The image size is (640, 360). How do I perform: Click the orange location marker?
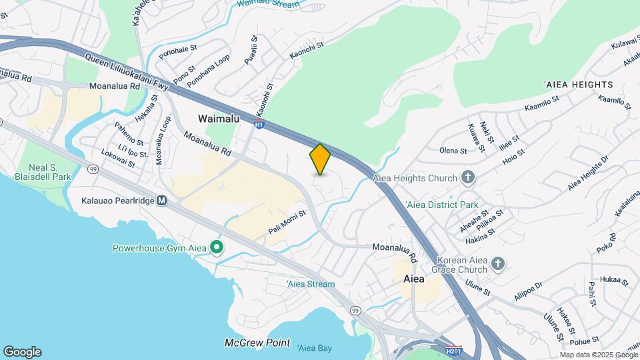coord(320,159)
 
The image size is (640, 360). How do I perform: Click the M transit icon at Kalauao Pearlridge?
coord(162,200)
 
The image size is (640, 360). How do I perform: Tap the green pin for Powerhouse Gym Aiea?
coord(217,249)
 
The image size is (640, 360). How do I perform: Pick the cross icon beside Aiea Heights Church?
coord(468,177)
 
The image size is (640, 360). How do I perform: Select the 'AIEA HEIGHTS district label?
coord(578,85)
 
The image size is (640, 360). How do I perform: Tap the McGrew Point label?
coord(257,343)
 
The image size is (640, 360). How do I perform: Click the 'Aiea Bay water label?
coord(315,348)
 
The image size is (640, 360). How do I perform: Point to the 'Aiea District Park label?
coord(441,205)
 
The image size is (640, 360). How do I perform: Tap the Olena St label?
coord(453,151)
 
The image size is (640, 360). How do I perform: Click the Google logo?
coord(22,352)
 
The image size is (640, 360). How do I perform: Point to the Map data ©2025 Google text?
coord(599,355)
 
